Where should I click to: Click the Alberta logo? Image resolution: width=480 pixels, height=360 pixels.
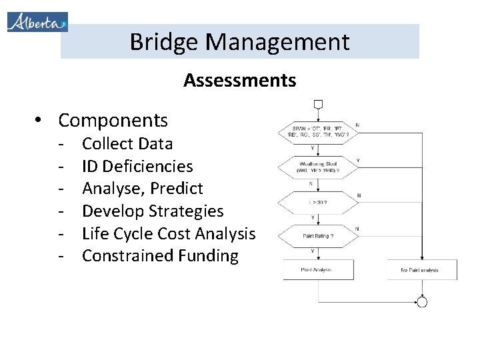(37, 21)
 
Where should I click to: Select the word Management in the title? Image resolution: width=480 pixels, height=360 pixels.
(277, 42)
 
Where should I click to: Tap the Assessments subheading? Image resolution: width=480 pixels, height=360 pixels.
(239, 81)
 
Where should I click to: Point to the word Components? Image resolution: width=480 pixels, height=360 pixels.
(113, 120)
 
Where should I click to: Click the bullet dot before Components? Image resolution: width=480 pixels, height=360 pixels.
(41, 121)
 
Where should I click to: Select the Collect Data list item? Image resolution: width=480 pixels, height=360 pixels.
(127, 143)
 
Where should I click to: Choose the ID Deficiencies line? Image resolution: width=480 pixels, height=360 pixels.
(137, 166)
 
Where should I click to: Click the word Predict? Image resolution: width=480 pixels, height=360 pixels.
(177, 189)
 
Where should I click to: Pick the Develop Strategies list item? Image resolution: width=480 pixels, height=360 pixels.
(152, 211)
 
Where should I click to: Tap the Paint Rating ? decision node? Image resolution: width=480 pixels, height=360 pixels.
(318, 235)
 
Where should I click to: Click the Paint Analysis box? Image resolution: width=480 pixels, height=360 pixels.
(318, 270)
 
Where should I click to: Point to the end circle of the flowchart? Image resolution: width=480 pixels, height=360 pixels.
(421, 302)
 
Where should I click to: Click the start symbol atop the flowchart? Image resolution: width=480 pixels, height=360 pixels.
(318, 105)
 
